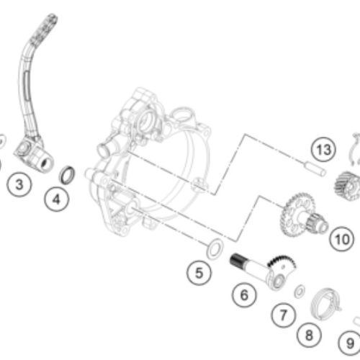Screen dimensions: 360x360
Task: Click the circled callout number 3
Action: coord(19,185)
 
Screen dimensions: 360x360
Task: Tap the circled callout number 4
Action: coord(57,199)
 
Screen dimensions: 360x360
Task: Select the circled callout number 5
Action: coord(199,273)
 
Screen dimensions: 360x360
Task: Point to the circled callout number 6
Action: coord(244,295)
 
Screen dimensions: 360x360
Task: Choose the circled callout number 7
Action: coord(284,315)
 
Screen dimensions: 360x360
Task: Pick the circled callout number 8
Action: coord(309,335)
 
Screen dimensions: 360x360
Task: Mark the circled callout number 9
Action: coord(350,343)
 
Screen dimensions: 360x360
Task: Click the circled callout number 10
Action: coord(342,239)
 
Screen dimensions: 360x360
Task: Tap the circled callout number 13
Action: coord(324,150)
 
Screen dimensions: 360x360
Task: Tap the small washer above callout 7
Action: coord(300,291)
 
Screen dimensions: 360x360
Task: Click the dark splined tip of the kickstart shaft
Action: coord(237,260)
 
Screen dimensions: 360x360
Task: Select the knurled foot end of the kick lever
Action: coord(45,27)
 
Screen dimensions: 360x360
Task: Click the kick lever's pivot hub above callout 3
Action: coord(34,156)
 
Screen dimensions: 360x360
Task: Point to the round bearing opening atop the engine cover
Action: coord(146,120)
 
